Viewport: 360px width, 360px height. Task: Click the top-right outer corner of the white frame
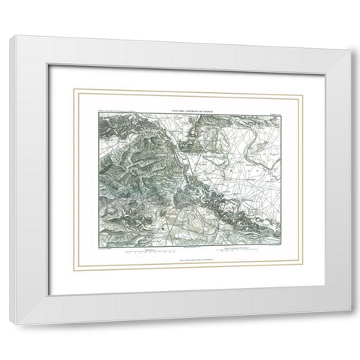(x=349, y=49)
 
